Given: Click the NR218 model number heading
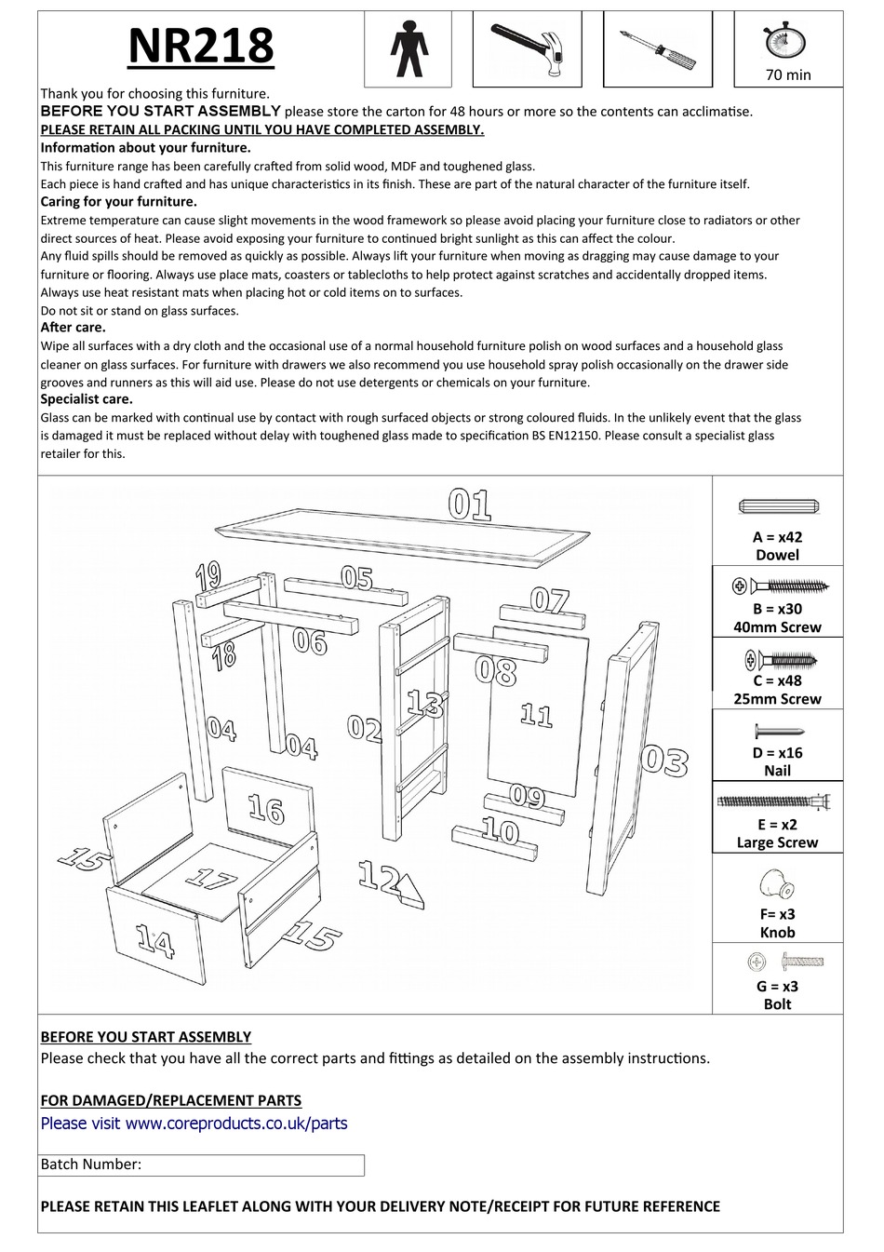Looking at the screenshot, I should click(200, 46).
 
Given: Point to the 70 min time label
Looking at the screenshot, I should click(788, 74).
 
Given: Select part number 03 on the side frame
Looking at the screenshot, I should click(664, 761).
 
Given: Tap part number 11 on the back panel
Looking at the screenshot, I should click(536, 715).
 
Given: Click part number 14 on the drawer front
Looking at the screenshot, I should click(155, 941).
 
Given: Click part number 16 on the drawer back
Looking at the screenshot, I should click(266, 810).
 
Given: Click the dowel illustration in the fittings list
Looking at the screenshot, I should click(777, 506).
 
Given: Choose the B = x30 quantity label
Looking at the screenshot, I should click(777, 609).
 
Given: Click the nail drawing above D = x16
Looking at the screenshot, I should click(777, 732).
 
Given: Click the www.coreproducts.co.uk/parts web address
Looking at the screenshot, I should click(235, 1124).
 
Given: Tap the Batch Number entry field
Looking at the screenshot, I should click(251, 1164).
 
